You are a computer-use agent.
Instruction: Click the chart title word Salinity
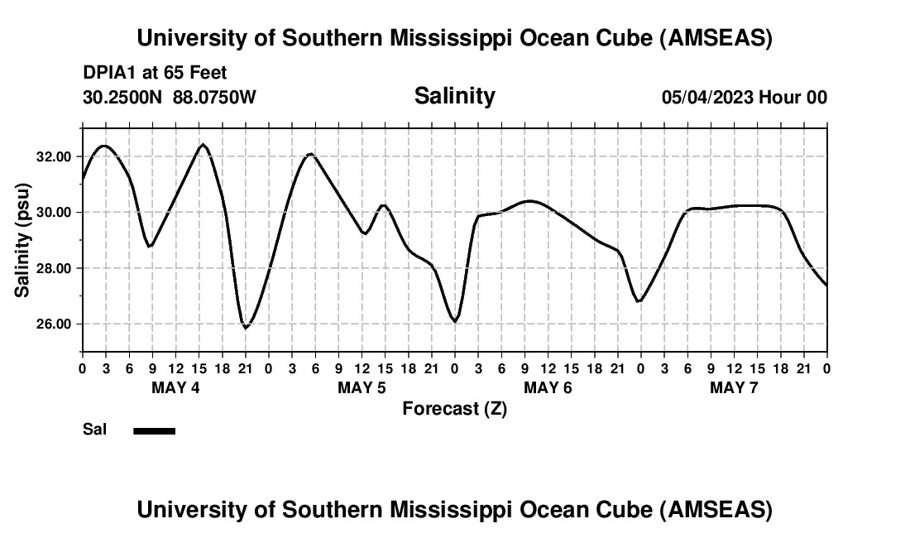(x=454, y=96)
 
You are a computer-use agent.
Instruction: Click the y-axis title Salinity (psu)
(x=22, y=240)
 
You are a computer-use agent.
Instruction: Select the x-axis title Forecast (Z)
(x=454, y=408)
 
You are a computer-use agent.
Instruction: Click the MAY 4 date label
(x=175, y=388)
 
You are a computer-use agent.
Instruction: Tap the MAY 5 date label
(x=362, y=388)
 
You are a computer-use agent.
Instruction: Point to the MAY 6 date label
(x=548, y=388)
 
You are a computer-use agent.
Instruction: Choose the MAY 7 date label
(x=734, y=388)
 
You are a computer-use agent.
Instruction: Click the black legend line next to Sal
(x=154, y=430)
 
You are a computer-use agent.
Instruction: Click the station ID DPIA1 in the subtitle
(x=110, y=74)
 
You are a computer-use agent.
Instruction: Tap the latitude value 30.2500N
(x=123, y=98)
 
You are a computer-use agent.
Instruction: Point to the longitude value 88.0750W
(x=214, y=98)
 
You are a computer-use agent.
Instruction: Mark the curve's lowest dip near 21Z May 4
(x=245, y=328)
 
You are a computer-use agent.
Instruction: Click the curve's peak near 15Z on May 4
(x=203, y=145)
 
